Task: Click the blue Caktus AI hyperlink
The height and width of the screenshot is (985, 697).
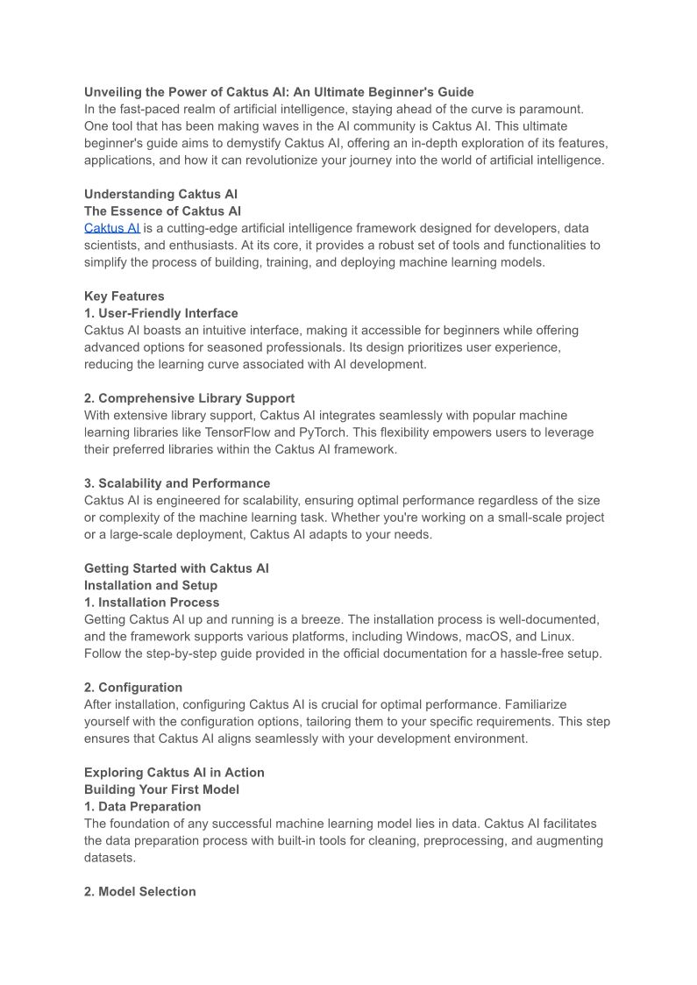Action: click(111, 228)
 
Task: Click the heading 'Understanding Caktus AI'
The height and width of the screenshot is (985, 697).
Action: click(160, 194)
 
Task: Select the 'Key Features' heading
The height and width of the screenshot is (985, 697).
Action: click(124, 296)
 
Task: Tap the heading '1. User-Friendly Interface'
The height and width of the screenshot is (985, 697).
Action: click(160, 313)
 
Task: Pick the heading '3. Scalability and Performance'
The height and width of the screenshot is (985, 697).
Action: click(177, 483)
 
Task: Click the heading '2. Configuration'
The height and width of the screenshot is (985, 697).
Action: click(133, 688)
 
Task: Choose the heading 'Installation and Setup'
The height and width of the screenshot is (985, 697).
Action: click(151, 585)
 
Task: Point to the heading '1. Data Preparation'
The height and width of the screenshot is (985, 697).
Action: click(142, 806)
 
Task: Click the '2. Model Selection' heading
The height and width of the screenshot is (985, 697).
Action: click(140, 891)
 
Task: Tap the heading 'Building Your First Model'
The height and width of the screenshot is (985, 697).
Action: click(161, 789)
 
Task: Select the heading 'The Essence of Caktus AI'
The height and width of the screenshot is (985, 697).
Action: click(162, 211)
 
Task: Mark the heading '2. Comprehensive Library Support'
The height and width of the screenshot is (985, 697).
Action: click(189, 398)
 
